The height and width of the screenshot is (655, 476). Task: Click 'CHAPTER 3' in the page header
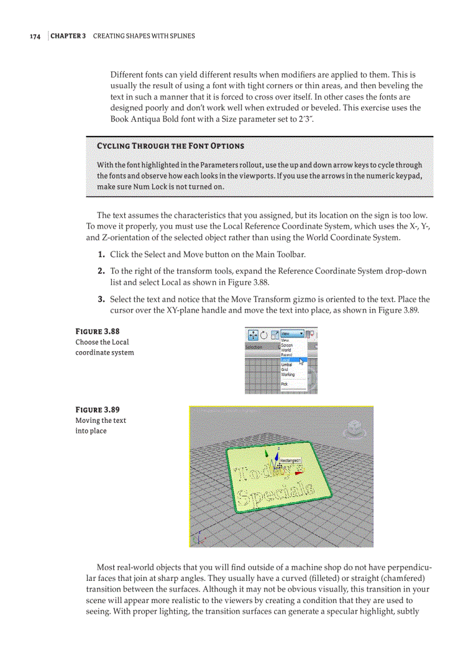(68, 36)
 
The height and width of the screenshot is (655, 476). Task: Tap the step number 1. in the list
(101, 254)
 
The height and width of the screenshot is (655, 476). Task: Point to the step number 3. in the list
(101, 299)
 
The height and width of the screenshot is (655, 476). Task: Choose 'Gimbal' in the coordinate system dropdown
(288, 365)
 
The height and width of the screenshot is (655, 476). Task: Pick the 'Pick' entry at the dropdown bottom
(284, 384)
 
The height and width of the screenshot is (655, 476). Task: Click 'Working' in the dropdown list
(288, 374)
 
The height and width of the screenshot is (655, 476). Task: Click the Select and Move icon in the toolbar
(253, 334)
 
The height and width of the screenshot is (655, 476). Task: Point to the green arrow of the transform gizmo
(267, 453)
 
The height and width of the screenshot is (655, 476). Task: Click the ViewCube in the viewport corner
(352, 429)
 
